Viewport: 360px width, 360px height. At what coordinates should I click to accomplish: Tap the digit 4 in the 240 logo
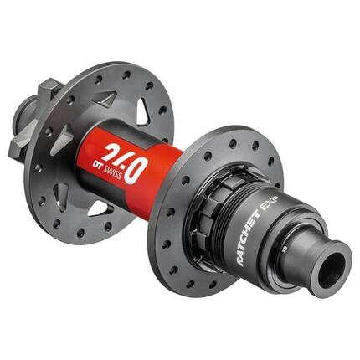tap(120, 164)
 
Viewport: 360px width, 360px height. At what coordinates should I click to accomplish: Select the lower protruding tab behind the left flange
tap(21, 148)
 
